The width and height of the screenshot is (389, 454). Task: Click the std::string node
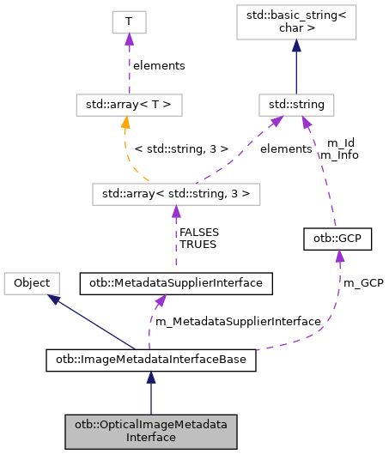296,106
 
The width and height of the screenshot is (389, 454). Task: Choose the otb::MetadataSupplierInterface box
176,281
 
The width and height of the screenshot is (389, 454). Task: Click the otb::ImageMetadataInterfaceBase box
150,360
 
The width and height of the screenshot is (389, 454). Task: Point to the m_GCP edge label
362,281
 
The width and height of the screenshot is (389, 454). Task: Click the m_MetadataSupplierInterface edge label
236,321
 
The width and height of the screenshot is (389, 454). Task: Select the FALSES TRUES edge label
198,238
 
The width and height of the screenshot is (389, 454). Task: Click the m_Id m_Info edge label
337,149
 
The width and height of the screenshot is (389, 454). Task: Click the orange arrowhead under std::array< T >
125,124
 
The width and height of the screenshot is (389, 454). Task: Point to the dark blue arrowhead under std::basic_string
296,49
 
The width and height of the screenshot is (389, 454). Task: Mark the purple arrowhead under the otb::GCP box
340,255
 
